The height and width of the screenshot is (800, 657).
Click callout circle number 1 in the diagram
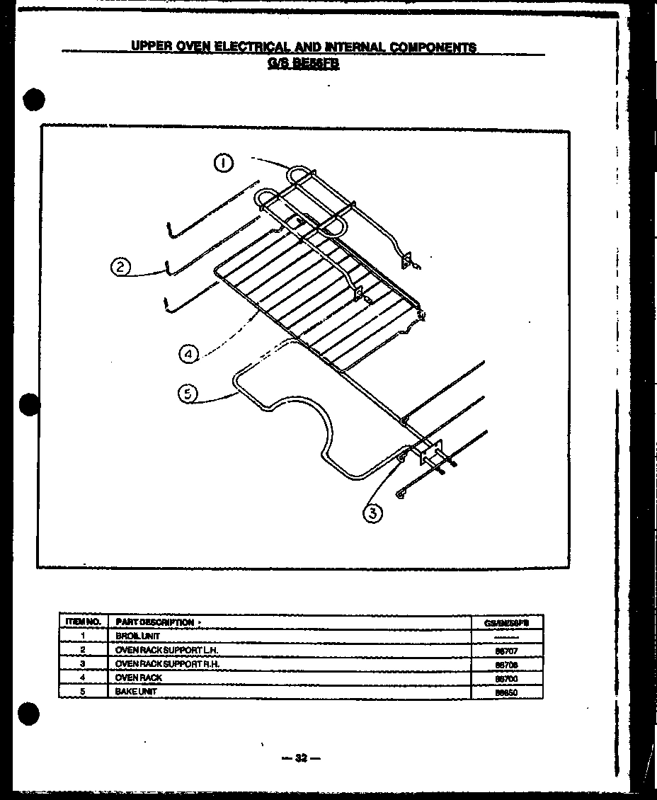(224, 164)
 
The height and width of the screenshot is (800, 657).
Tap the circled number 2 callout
(120, 267)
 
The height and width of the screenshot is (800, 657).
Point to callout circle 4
(188, 353)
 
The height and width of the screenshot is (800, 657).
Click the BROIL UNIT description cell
(132, 636)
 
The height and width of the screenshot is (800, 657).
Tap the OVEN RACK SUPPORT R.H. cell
(167, 663)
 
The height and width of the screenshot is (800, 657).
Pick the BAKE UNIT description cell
(136, 691)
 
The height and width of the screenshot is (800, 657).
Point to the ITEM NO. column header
(83, 622)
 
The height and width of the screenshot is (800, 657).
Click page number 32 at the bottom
(301, 758)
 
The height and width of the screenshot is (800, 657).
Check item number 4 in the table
(83, 678)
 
